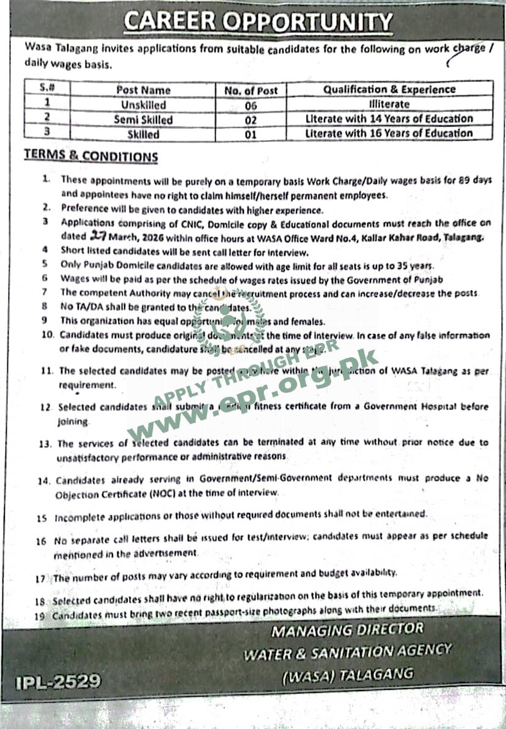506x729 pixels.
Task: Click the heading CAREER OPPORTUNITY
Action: pyautogui.click(x=258, y=22)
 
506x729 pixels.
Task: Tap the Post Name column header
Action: pyautogui.click(x=144, y=91)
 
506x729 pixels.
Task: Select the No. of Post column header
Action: pyautogui.click(x=251, y=91)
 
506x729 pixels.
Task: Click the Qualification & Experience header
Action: pyautogui.click(x=389, y=89)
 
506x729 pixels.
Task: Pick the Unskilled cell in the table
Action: pyautogui.click(x=144, y=105)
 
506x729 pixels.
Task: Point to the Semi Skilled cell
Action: pyautogui.click(x=144, y=120)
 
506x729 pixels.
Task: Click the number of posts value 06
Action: pyautogui.click(x=251, y=105)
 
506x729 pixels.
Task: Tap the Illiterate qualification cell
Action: pyautogui.click(x=389, y=105)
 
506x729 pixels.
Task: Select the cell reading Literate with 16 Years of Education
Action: pyautogui.click(x=389, y=133)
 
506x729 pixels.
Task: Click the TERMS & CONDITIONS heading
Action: pyautogui.click(x=91, y=155)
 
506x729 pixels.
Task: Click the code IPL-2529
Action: pyautogui.click(x=59, y=681)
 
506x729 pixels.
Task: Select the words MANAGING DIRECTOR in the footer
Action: pyautogui.click(x=347, y=629)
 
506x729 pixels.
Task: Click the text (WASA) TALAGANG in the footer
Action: pyautogui.click(x=347, y=674)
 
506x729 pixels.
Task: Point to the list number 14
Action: pyautogui.click(x=43, y=481)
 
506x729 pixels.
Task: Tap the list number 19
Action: pyautogui.click(x=41, y=616)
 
